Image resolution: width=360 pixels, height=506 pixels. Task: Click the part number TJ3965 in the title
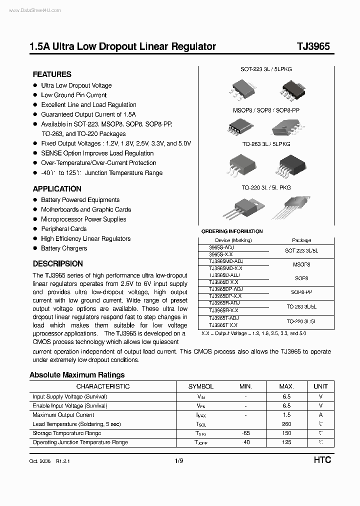(x=313, y=46)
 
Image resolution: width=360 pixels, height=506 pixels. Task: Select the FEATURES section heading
(x=52, y=74)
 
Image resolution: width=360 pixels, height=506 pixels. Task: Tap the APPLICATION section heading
(x=57, y=189)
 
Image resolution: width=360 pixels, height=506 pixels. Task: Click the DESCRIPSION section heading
(x=57, y=263)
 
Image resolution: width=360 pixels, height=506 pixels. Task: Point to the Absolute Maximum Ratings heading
(x=77, y=375)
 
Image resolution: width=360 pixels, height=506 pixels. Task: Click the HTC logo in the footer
(x=322, y=460)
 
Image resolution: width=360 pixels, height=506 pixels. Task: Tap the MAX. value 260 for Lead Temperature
(x=286, y=424)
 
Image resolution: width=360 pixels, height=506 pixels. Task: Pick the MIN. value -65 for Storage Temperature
(x=245, y=433)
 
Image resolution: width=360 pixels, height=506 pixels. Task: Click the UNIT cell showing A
(x=320, y=415)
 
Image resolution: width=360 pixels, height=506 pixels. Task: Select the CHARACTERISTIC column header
(x=102, y=386)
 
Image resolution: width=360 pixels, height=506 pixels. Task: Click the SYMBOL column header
(x=201, y=386)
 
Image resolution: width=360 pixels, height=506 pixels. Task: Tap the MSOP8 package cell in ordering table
(x=301, y=264)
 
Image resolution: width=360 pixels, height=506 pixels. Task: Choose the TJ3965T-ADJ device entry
(x=224, y=318)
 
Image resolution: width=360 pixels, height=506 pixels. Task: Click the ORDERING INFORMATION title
(x=232, y=231)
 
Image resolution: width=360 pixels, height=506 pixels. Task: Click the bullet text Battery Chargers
(x=64, y=248)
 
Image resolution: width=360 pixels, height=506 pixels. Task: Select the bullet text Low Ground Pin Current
(x=73, y=95)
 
